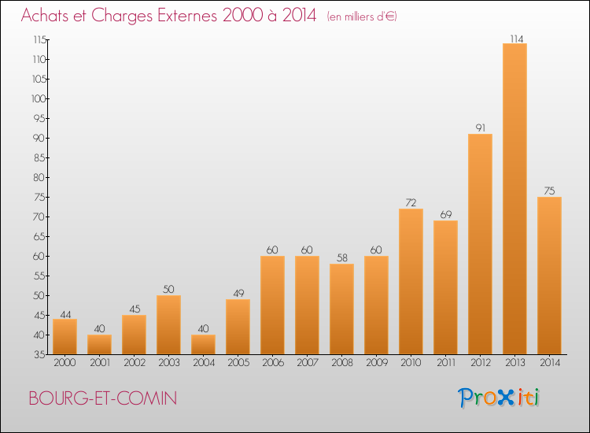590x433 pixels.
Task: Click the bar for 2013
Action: click(x=514, y=199)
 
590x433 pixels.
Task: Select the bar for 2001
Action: click(x=99, y=345)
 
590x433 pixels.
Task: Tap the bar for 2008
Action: click(x=341, y=309)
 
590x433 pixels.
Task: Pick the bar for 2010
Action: click(x=411, y=282)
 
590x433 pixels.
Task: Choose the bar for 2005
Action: click(x=238, y=327)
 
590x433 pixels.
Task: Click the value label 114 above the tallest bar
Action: click(x=517, y=39)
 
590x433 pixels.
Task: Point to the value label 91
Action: click(x=481, y=128)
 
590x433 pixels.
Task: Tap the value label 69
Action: click(x=446, y=215)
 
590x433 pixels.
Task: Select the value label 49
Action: click(x=238, y=294)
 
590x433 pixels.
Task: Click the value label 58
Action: click(x=342, y=258)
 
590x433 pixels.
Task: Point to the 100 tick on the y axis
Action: click(x=39, y=98)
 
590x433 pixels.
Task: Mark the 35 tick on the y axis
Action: click(x=40, y=354)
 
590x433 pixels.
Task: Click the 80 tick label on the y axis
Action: click(x=39, y=177)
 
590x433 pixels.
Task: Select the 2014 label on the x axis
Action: click(x=550, y=363)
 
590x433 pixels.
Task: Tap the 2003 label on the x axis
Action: click(x=169, y=363)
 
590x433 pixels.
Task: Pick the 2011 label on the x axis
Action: click(x=446, y=363)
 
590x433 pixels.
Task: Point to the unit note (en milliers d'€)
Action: click(x=362, y=17)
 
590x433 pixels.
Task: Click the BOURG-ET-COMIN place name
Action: click(x=103, y=398)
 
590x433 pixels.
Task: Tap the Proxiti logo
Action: click(x=499, y=398)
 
